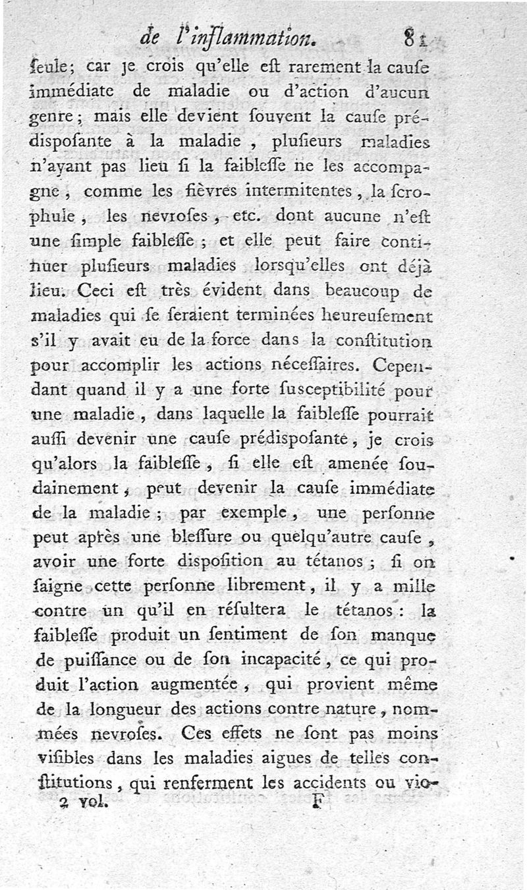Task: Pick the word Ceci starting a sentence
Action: [x=97, y=289]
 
